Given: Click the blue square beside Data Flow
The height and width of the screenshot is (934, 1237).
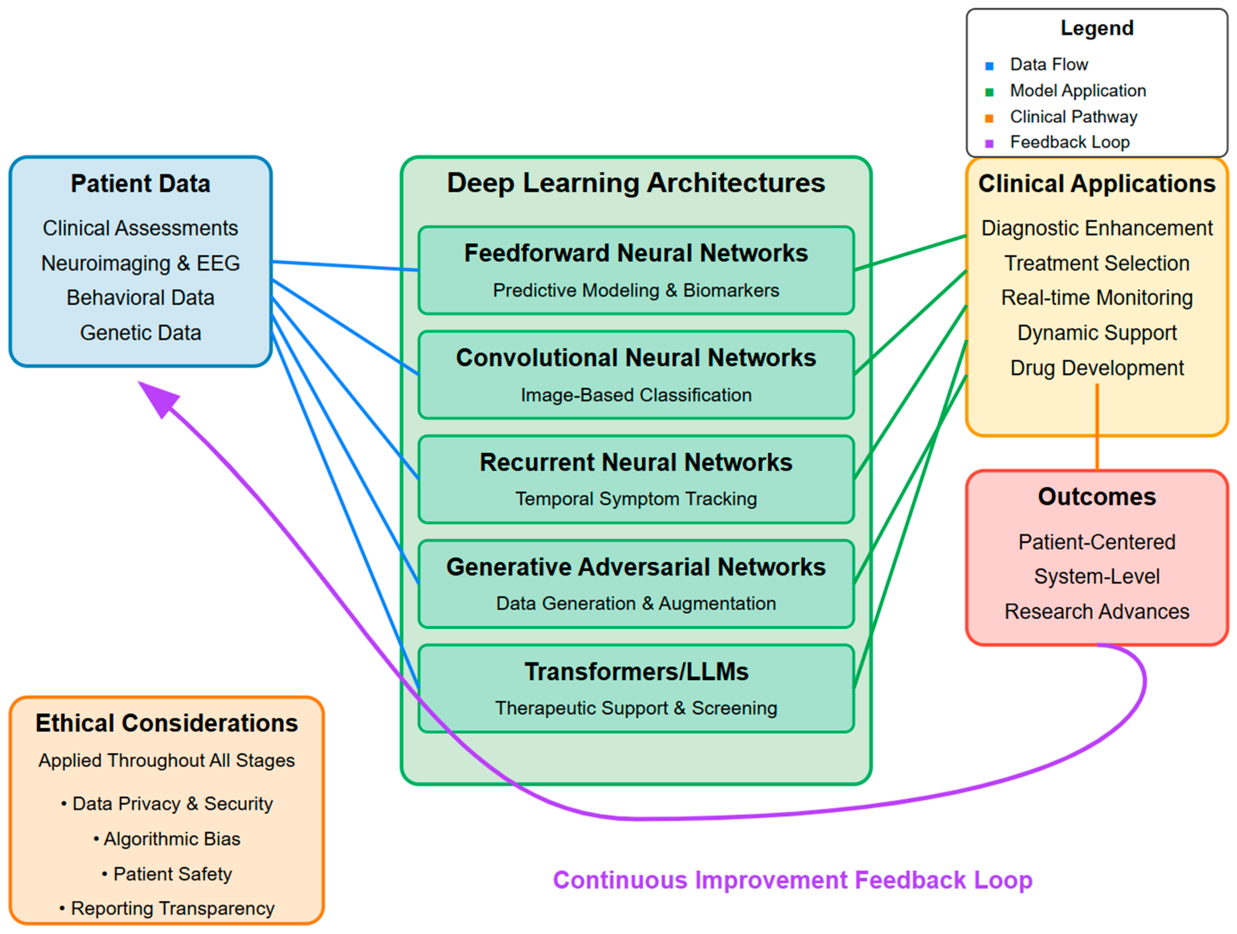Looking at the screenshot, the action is pyautogui.click(x=989, y=66).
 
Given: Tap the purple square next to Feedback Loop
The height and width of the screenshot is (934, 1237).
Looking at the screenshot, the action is pyautogui.click(x=989, y=143).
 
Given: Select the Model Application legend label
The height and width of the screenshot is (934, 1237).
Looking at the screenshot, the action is pyautogui.click(x=1078, y=91).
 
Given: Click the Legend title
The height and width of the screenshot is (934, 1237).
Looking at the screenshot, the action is pyautogui.click(x=1096, y=28).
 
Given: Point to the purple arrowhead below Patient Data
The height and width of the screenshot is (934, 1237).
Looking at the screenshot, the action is pyautogui.click(x=159, y=398).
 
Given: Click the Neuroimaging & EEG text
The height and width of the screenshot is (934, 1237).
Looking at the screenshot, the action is pyautogui.click(x=141, y=263).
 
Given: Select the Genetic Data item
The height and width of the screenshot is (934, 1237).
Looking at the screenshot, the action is pyautogui.click(x=141, y=333).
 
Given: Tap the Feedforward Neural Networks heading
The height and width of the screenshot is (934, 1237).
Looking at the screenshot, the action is pyautogui.click(x=636, y=253).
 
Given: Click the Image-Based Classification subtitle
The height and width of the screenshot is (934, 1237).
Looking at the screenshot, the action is pyautogui.click(x=636, y=395).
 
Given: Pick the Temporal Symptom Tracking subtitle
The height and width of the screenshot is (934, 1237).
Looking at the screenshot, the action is pyautogui.click(x=636, y=499).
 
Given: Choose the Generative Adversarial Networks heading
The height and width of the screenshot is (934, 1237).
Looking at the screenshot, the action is pyautogui.click(x=636, y=567).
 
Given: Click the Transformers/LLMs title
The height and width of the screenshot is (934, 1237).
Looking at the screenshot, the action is pyautogui.click(x=636, y=672).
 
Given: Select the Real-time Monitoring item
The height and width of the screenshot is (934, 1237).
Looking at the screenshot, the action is pyautogui.click(x=1096, y=298).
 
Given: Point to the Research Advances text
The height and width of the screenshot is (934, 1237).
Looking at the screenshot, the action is pyautogui.click(x=1096, y=611).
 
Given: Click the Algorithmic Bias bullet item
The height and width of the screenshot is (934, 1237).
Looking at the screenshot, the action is pyautogui.click(x=167, y=839).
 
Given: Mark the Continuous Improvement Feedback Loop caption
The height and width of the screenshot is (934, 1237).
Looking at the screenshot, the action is pyautogui.click(x=793, y=880).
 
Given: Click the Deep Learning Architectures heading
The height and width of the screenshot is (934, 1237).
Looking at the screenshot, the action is pyautogui.click(x=636, y=183).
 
